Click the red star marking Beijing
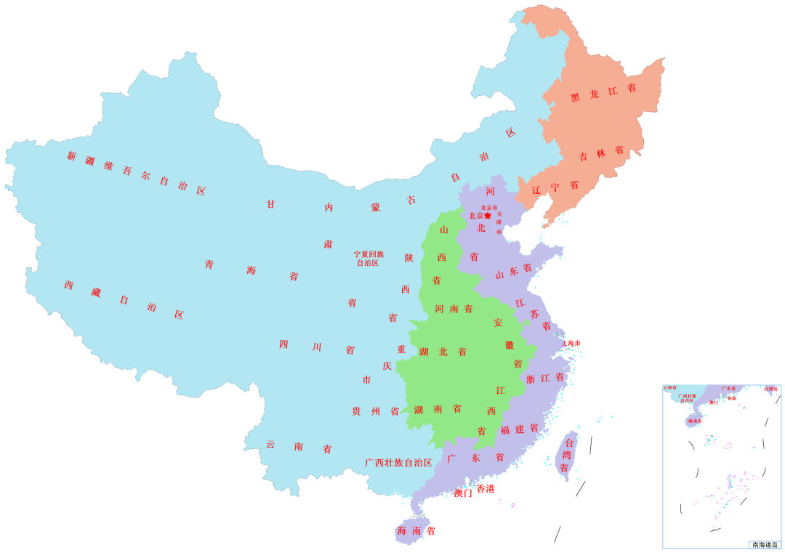point(488,216)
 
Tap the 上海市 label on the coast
point(571,343)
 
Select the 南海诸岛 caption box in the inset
point(764,544)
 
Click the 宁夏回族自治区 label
point(369,259)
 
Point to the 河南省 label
point(454,309)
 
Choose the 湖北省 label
point(443,352)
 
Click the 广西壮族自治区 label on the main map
point(398,463)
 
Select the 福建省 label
point(519,429)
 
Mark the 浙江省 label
point(544,378)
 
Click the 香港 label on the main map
point(486,488)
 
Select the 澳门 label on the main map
point(463,493)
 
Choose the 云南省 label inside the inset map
point(669,389)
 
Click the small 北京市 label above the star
point(488,208)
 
